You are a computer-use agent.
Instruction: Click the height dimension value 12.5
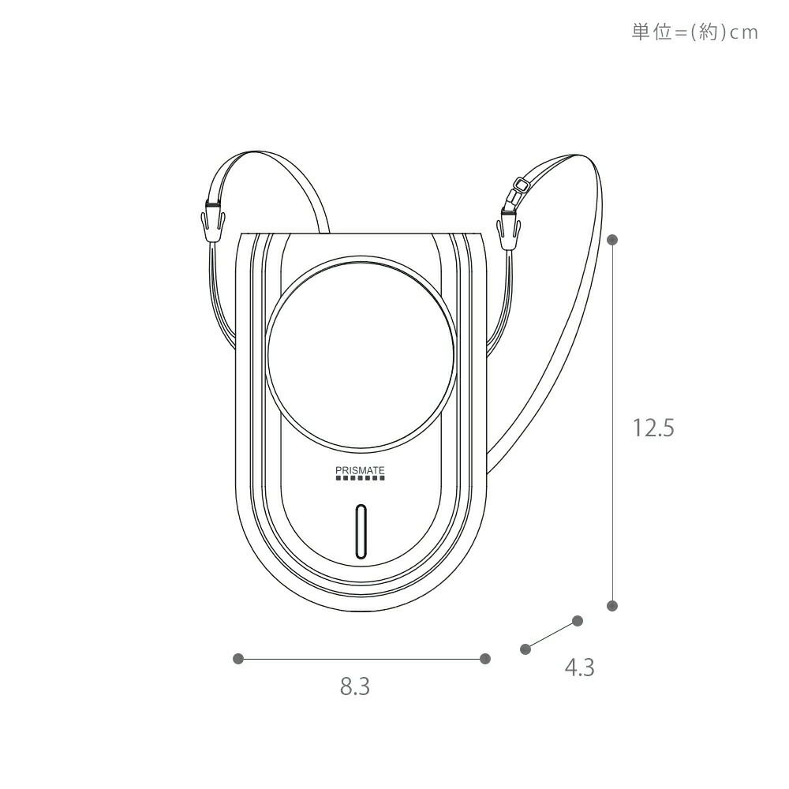pyautogui.click(x=653, y=428)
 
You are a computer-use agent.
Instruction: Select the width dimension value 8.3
pyautogui.click(x=355, y=686)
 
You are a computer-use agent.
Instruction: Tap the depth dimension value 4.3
pyautogui.click(x=579, y=667)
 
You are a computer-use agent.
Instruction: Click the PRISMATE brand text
pyautogui.click(x=360, y=470)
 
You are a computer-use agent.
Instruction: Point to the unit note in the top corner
pyautogui.click(x=695, y=32)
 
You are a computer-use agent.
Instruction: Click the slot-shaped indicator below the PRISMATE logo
pyautogui.click(x=361, y=531)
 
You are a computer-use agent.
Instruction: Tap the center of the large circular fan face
pyautogui.click(x=361, y=354)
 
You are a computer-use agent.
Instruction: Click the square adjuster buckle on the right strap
pyautogui.click(x=522, y=185)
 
